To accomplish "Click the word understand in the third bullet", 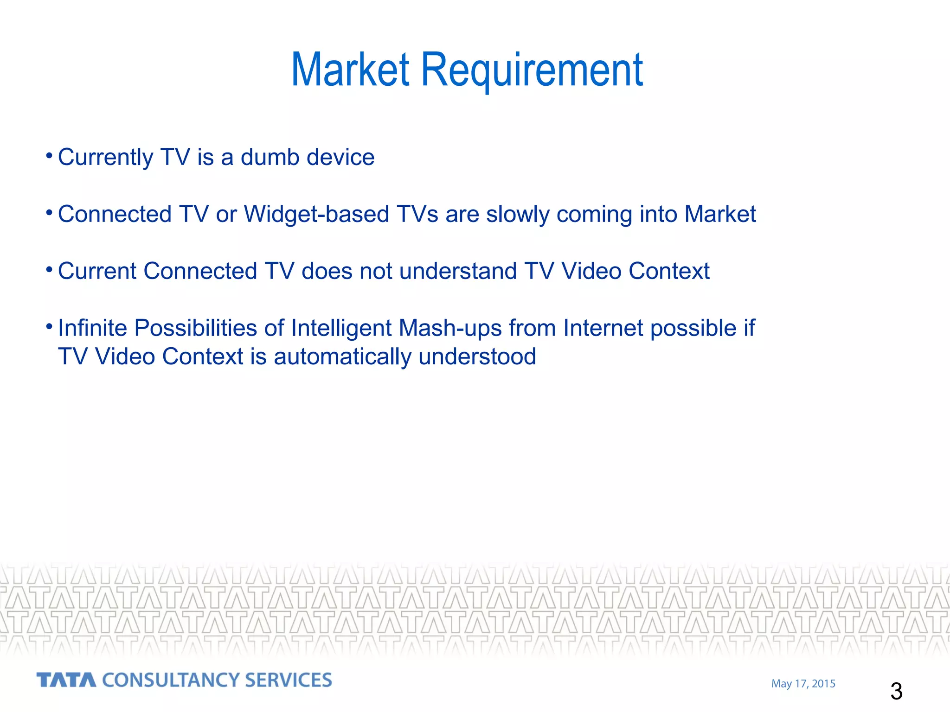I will tap(457, 271).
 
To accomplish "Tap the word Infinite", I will tap(92, 328).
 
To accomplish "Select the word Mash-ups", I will tap(450, 328).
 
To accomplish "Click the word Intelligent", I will tap(341, 328).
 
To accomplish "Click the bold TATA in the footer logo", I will tap(66, 680).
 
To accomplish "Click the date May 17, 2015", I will tap(803, 684).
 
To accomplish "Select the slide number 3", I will tap(896, 692).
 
